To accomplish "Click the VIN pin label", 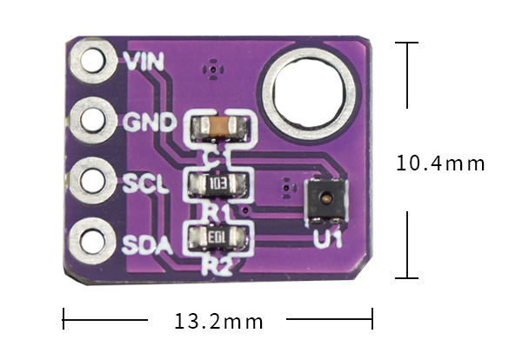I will (x=144, y=62).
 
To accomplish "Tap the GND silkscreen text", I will (x=151, y=121).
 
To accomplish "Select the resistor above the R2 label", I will (x=217, y=237).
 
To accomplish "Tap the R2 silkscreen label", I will (x=216, y=266).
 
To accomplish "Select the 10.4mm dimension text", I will (x=439, y=163).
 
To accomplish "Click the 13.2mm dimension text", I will (x=218, y=322).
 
